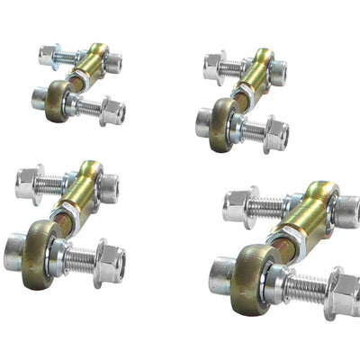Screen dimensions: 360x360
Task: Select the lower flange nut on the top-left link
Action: click(112, 111)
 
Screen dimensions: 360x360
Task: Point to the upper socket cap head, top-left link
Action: click(112, 63)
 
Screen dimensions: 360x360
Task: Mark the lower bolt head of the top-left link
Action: click(40, 96)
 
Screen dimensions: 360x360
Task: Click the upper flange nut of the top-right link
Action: click(214, 66)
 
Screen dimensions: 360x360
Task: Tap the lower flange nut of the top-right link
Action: click(274, 134)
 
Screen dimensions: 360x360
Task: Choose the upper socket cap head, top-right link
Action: click(277, 72)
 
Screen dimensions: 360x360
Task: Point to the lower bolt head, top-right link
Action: click(204, 122)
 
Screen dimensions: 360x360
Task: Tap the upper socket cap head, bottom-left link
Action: click(107, 188)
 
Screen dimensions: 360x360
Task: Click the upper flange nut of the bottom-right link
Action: click(237, 207)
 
